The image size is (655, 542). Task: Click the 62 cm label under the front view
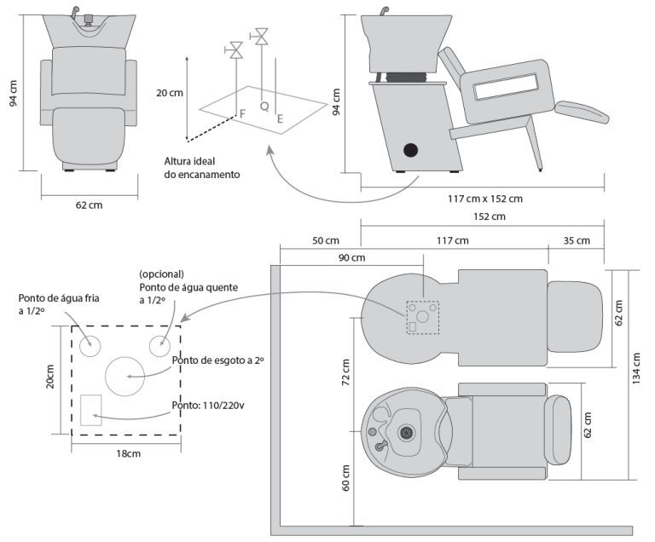(x=90, y=205)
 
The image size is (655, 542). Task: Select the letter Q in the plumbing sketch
(x=264, y=107)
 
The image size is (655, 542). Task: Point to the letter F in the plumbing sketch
(x=243, y=113)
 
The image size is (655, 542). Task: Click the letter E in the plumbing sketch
(x=280, y=119)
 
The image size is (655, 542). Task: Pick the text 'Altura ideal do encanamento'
(x=202, y=167)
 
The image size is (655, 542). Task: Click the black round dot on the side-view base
(x=411, y=151)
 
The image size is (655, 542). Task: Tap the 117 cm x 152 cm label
(x=485, y=199)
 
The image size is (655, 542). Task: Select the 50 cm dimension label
(x=320, y=240)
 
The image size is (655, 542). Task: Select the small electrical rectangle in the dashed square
(x=91, y=410)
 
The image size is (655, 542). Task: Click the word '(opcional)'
(x=162, y=274)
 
